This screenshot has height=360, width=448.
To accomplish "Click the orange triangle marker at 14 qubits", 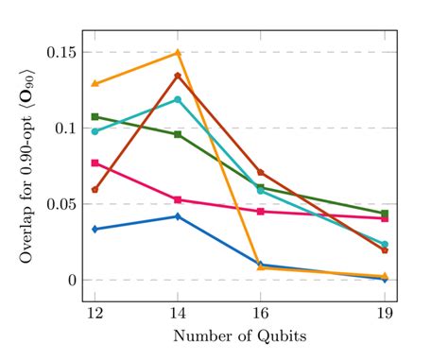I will (x=178, y=53).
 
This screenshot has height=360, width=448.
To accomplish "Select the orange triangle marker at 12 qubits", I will (x=95, y=83).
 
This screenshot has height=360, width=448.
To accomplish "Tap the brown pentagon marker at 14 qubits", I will (x=178, y=76).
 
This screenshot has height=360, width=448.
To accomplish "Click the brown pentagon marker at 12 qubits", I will (x=95, y=190).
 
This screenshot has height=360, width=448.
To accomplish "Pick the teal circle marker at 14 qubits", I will (x=178, y=99).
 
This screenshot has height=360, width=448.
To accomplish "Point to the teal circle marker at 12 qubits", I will (x=95, y=131).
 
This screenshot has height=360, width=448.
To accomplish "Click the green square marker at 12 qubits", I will (x=95, y=116).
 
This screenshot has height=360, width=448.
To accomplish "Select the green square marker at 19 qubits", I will (x=385, y=214).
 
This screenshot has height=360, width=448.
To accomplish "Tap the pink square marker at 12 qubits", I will (x=95, y=163).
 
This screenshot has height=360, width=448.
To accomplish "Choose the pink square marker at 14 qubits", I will (x=178, y=199).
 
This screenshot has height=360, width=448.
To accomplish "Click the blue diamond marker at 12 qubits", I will (x=95, y=229).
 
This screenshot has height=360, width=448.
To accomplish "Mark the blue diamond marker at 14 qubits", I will (x=178, y=216).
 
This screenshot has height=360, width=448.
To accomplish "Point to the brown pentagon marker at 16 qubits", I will (x=261, y=173).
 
